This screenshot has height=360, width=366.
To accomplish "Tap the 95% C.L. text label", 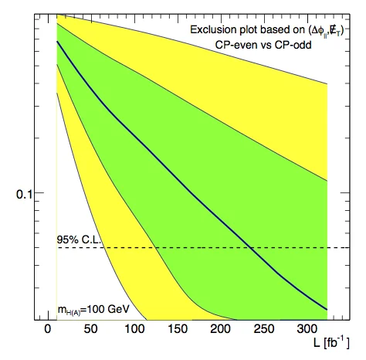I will coord(80,239).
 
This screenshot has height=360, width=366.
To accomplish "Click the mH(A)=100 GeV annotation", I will coord(93,310).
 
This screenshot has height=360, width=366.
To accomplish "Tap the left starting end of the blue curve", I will coord(57,42).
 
